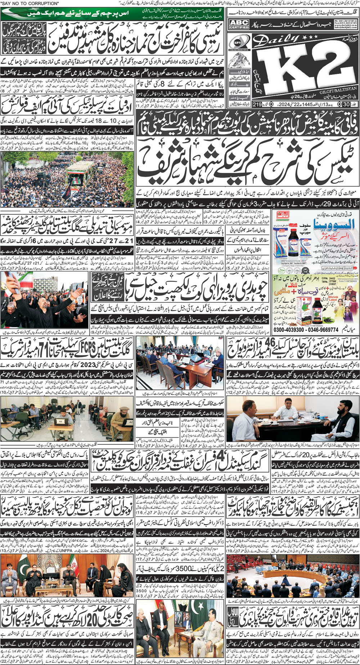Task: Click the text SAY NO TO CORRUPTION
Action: pyautogui.click(x=30, y=3)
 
